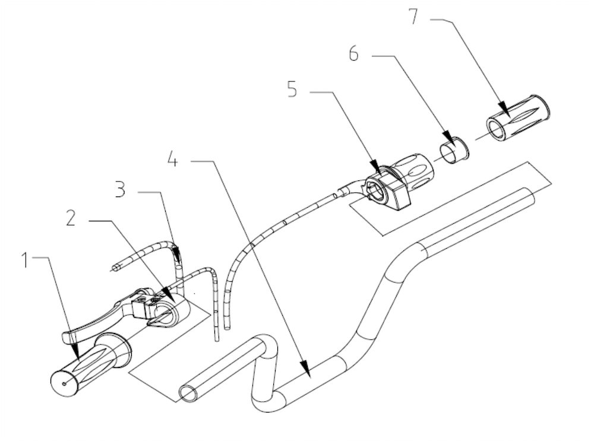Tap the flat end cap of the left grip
tap(64, 383)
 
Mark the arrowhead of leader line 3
tap(177, 259)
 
